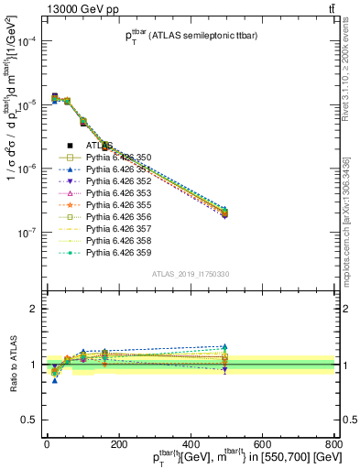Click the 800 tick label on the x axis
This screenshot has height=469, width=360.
coord(333,445)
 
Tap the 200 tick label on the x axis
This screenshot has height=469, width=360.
coord(118,445)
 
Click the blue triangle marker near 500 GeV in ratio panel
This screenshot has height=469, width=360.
coord(224,347)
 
